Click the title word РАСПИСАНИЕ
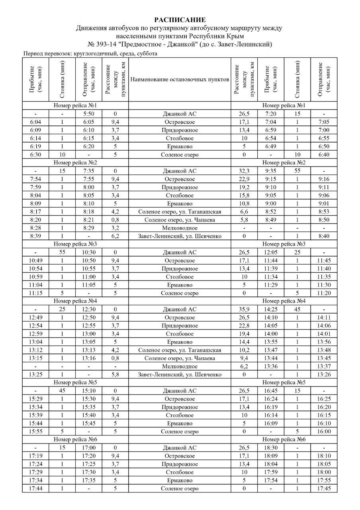[x=180, y=20]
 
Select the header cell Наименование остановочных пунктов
[x=180, y=79]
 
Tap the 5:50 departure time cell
[x=88, y=114]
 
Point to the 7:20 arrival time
[x=270, y=114]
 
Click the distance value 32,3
[x=244, y=171]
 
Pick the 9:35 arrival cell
[x=270, y=171]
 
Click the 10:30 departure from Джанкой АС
[x=88, y=252]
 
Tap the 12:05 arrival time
[x=270, y=252]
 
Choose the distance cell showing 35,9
[x=244, y=310]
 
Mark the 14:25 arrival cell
[x=270, y=310]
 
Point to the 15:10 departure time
[x=88, y=391]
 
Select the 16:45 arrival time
[x=270, y=391]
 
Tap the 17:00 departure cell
[x=88, y=448]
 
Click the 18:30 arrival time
[x=270, y=448]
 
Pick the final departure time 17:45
[x=324, y=488]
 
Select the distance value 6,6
[x=244, y=212]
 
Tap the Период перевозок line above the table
[x=90, y=53]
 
